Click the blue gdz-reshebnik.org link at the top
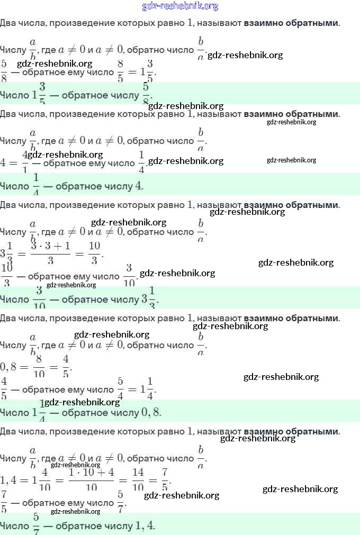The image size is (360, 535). click(x=180, y=6)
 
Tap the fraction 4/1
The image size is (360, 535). click(x=25, y=161)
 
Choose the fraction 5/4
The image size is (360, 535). click(x=120, y=389)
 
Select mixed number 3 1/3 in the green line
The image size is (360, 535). click(x=149, y=299)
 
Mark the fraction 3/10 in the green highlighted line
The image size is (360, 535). click(x=39, y=299)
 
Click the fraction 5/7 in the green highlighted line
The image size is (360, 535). click(x=37, y=524)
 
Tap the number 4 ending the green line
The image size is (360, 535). click(x=139, y=186)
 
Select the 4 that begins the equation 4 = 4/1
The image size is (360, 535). click(x=4, y=162)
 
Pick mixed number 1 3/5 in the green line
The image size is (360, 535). click(x=39, y=95)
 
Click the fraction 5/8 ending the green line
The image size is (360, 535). click(x=146, y=93)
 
